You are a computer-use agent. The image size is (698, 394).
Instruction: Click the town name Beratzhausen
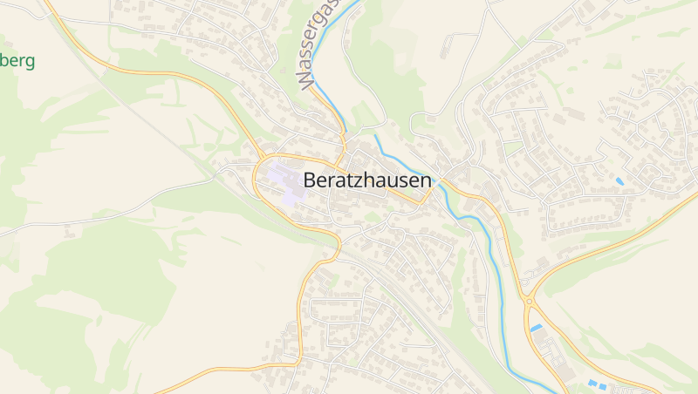[367, 180]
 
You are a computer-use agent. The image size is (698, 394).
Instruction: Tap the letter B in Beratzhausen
[310, 180]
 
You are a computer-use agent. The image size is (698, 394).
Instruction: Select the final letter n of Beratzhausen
[426, 181]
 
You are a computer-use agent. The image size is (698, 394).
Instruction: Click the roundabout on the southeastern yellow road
[529, 300]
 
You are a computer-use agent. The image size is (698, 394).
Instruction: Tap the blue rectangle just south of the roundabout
[536, 328]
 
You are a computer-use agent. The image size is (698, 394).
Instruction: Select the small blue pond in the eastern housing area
[619, 180]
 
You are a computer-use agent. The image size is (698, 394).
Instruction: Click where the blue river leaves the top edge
[358, 2]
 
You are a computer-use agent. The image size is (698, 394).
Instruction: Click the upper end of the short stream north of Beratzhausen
[376, 135]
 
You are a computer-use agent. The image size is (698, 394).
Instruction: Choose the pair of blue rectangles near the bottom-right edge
[597, 384]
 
